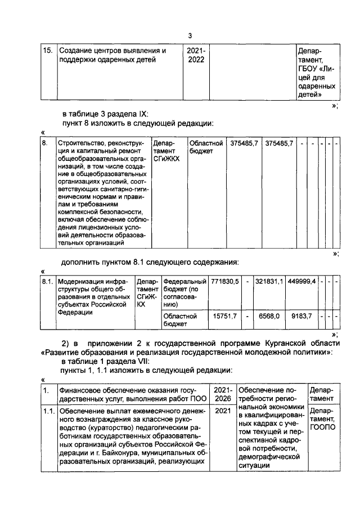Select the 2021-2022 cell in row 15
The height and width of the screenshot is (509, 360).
coord(196,56)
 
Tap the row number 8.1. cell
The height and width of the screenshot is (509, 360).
coord(48,281)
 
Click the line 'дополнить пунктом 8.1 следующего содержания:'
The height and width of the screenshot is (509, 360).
coord(151,262)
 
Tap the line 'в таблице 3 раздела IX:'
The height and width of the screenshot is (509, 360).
coord(113,113)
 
